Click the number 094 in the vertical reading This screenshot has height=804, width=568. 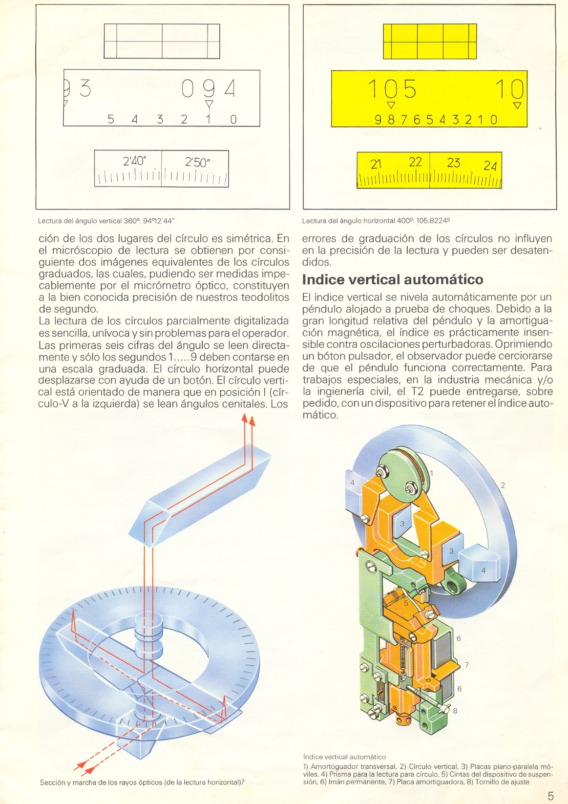coord(209,89)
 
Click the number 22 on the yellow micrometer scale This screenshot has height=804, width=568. coord(415,162)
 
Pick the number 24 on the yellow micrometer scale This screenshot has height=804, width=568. coord(490,166)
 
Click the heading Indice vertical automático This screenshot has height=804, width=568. coord(393,279)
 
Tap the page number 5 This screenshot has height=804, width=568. coord(550,796)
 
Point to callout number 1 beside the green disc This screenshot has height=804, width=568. coord(432,473)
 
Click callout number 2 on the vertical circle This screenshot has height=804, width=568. coord(503,485)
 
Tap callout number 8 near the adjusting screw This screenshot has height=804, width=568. coord(455,711)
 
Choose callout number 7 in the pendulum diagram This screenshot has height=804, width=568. coord(466,665)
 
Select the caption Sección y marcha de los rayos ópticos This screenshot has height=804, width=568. coord(142,782)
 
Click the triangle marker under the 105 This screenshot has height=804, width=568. coord(390,105)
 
